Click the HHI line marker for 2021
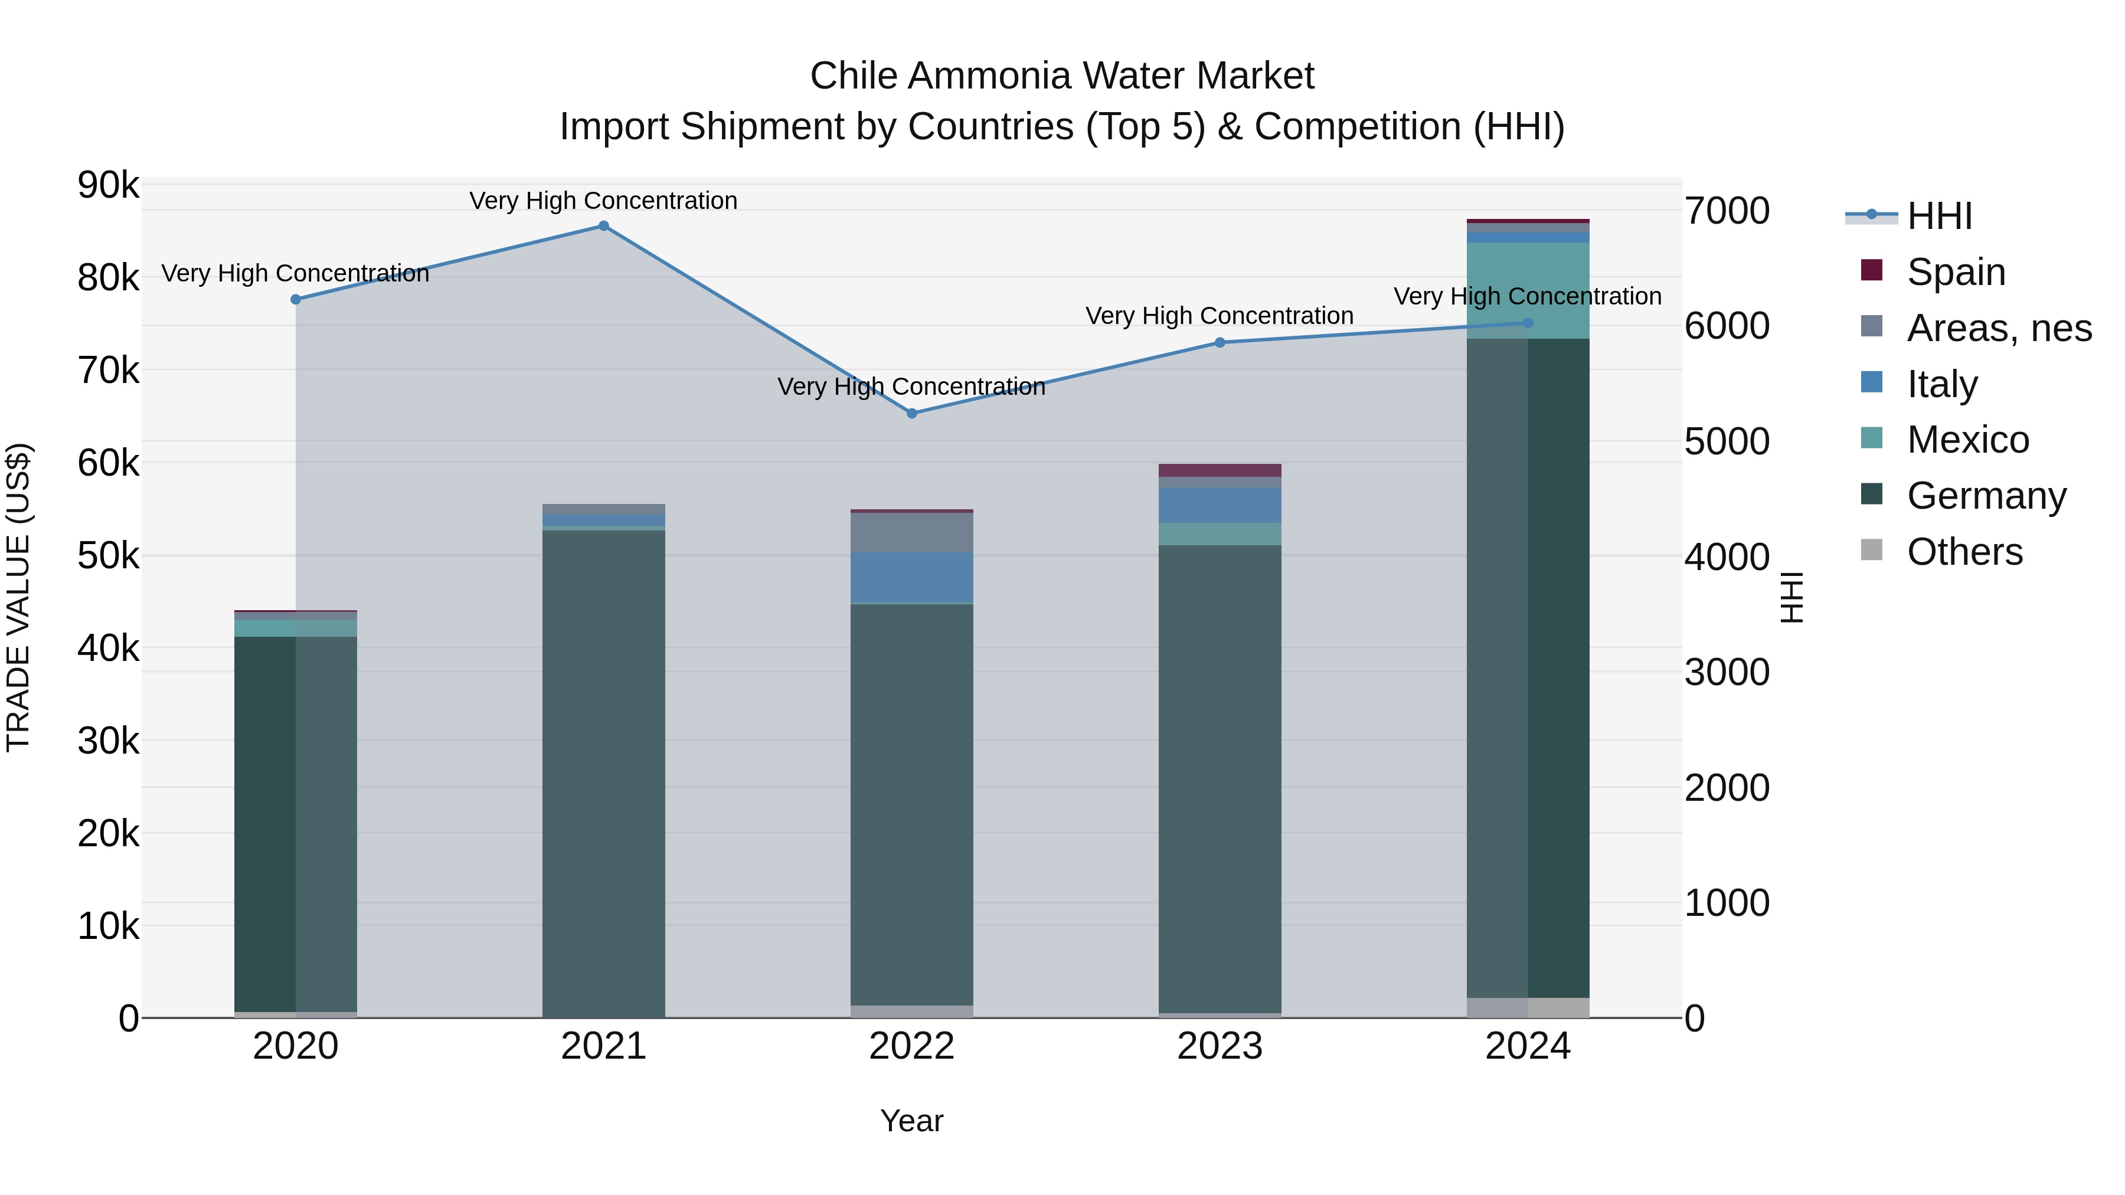603,226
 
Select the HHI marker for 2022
911,413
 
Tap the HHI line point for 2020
295,299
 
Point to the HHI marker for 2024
1528,323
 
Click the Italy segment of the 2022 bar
911,578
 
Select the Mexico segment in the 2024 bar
1528,290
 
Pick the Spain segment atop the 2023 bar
1220,470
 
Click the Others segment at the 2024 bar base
1528,1008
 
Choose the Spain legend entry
1955,272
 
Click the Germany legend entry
1986,496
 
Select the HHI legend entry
1938,216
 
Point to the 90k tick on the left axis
108,185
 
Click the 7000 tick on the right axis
1726,211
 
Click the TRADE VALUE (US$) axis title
18,597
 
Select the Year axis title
911,1121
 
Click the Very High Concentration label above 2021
603,201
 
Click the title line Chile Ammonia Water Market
1062,76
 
